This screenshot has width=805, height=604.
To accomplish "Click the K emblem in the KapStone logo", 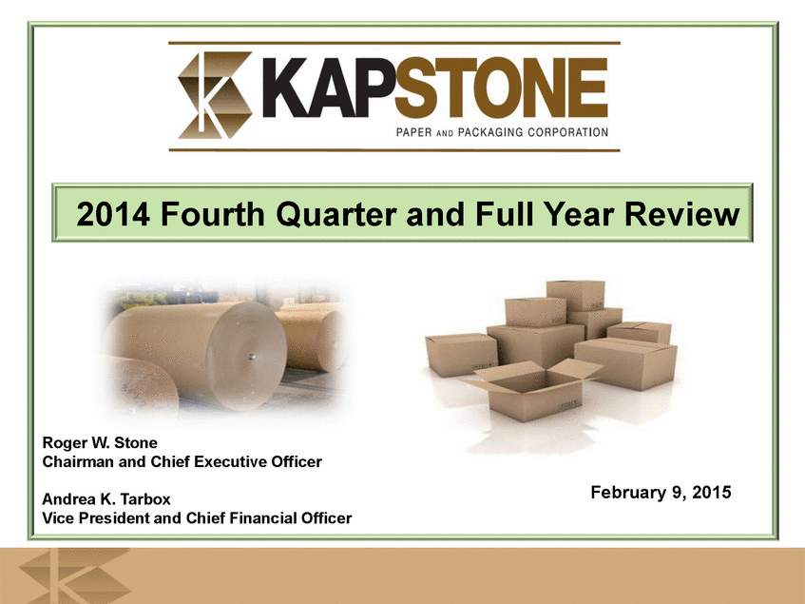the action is tap(215, 95).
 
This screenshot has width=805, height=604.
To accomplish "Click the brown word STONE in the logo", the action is tap(501, 88).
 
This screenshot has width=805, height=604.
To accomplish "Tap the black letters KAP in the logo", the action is tap(328, 88).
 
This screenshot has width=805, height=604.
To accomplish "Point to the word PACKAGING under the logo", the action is tap(489, 132).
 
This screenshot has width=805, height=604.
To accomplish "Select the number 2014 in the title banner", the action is tap(113, 214).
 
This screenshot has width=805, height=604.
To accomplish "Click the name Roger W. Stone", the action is tap(100, 442).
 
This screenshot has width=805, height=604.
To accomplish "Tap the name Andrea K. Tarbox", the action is tap(106, 498).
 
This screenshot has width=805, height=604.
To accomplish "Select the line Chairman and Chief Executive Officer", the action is tap(182, 461).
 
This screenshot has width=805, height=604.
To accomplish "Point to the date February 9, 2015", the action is tap(661, 492).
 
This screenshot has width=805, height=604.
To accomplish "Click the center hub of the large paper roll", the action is tap(251, 356).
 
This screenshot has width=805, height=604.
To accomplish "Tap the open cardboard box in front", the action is tap(531, 390).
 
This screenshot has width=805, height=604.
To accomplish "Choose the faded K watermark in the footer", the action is tap(73, 575).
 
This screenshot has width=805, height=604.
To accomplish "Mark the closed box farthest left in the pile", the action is tap(461, 355).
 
